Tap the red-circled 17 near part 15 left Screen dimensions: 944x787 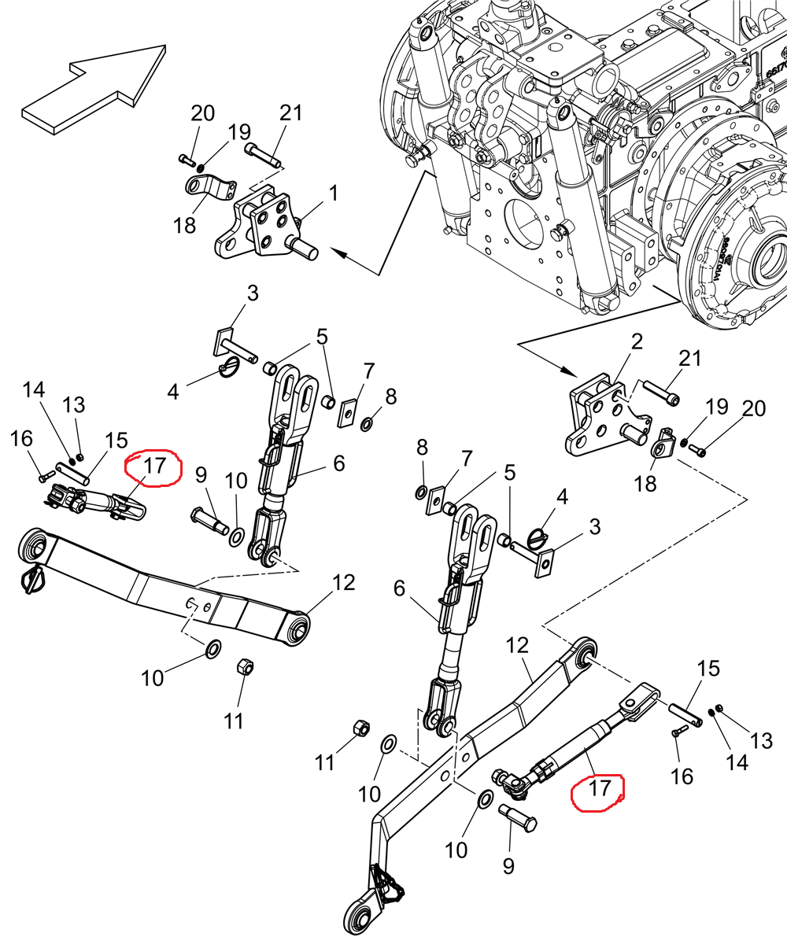(154, 466)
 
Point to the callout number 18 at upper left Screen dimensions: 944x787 (185, 227)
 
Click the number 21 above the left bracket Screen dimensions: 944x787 (290, 112)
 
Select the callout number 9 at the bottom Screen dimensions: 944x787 (508, 866)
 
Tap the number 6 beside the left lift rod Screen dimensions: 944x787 (338, 463)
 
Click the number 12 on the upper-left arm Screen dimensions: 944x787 (344, 583)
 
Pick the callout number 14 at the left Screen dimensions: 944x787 (34, 389)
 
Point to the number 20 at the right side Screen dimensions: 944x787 (753, 408)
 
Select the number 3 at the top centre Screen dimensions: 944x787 (253, 294)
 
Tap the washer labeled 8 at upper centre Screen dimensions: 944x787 (367, 425)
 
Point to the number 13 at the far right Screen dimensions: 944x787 (761, 740)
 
